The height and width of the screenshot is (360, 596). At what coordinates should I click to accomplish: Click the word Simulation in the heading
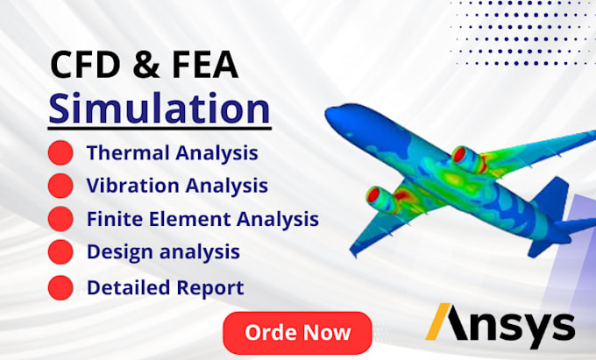tap(160, 109)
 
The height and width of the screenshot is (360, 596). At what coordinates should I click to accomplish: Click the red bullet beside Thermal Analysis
tap(60, 154)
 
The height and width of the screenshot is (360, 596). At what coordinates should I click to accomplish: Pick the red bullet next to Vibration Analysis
tap(60, 186)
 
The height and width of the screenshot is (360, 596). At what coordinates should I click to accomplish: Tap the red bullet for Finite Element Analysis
tap(60, 218)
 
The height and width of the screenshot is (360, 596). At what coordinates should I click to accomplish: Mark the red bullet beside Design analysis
tap(60, 252)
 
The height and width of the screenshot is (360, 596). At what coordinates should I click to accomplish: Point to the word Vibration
tap(127, 186)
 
